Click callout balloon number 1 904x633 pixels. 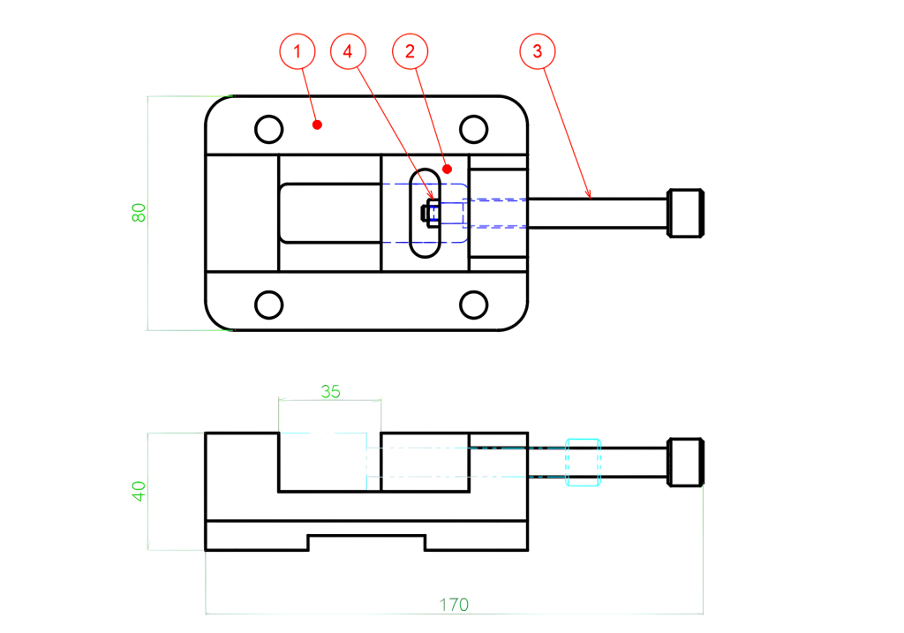coord(298,52)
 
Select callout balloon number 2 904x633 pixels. coord(410,52)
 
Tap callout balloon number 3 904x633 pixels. coord(538,52)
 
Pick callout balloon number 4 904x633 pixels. coord(348,52)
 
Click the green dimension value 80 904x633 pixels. coord(139,213)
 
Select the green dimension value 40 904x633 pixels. coord(139,492)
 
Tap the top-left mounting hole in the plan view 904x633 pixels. coord(268,129)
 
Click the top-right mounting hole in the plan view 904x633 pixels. coord(475,129)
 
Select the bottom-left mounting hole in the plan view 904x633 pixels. coord(268,305)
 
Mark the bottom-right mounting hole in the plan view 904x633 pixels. coord(475,305)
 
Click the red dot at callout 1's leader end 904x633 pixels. coord(317,125)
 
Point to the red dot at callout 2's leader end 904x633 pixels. coord(448,168)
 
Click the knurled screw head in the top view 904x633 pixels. coord(687,213)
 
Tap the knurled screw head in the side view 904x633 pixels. coord(687,462)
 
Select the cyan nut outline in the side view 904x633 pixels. coord(583,462)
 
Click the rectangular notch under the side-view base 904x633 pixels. coord(365,542)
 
